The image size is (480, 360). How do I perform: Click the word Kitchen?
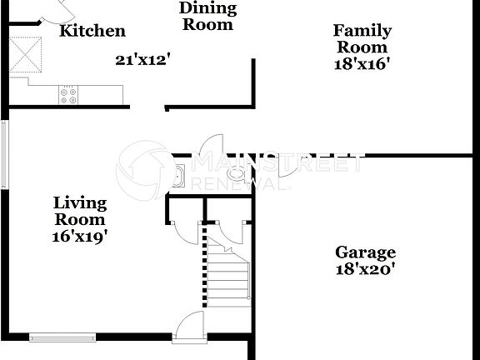click(x=92, y=32)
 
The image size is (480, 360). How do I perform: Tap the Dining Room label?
click(x=208, y=16)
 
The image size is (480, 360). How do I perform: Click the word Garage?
click(x=365, y=252)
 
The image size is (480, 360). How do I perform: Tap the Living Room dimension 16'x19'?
click(x=80, y=236)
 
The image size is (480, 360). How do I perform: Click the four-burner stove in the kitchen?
click(x=68, y=96)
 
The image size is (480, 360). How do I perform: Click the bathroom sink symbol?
click(x=177, y=177)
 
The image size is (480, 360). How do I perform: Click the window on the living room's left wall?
click(x=4, y=154)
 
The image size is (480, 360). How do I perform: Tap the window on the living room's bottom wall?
click(x=63, y=337)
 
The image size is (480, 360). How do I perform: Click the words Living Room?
click(x=80, y=211)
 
